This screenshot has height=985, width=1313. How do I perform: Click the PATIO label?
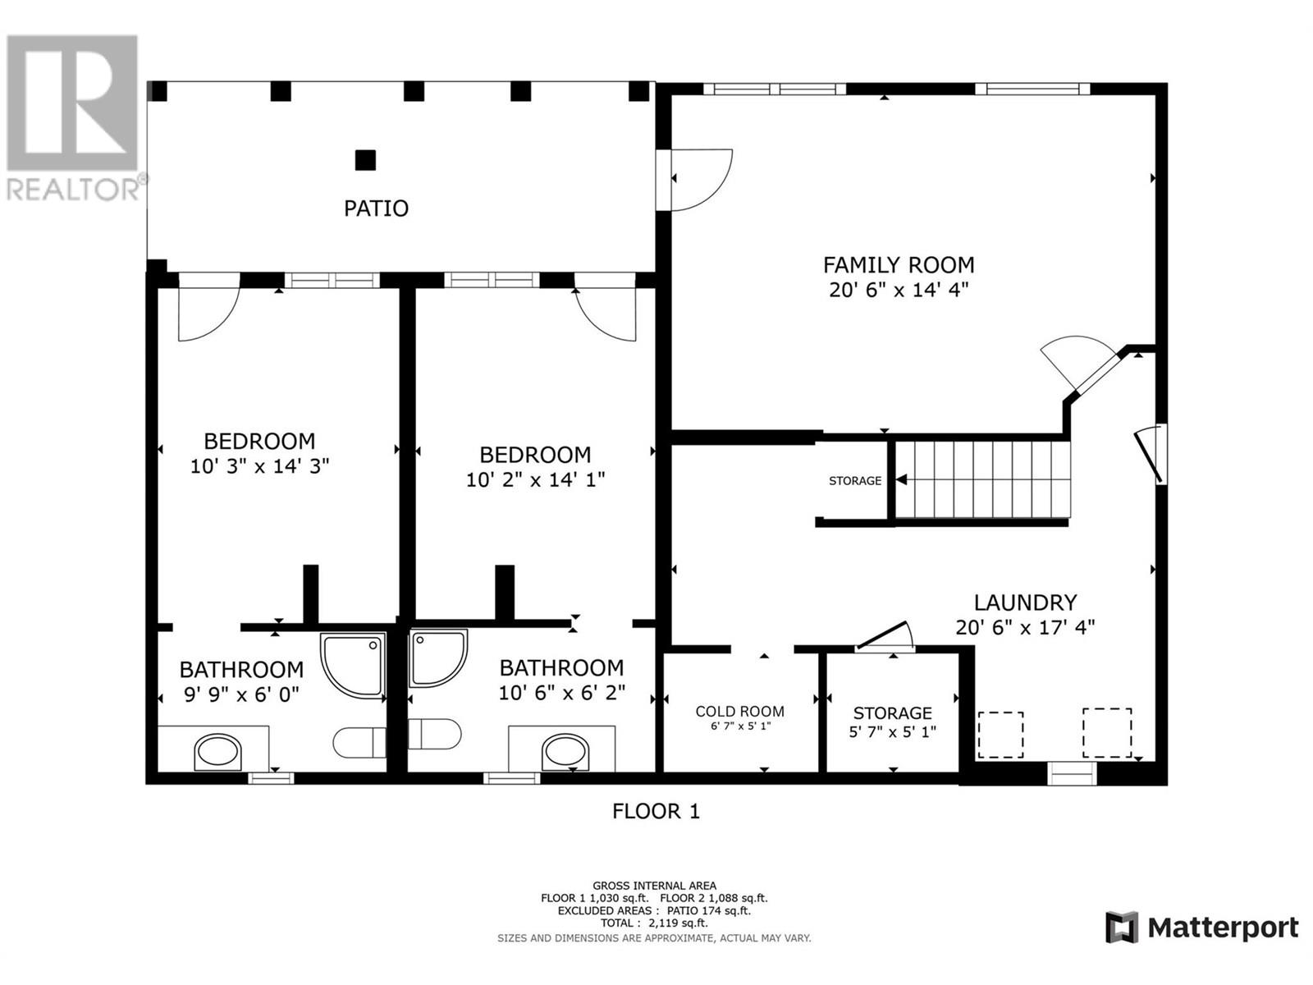(376, 208)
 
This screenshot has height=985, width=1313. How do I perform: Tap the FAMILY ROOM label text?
(899, 265)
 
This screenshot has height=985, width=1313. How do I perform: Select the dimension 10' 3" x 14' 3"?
(259, 466)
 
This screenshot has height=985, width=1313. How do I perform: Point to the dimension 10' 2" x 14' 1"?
(535, 479)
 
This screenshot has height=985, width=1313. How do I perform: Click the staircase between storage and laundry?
(981, 479)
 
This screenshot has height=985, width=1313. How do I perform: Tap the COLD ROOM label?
(739, 712)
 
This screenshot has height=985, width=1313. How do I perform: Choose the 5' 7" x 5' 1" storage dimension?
(892, 731)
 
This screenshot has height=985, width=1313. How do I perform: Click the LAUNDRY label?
(1025, 602)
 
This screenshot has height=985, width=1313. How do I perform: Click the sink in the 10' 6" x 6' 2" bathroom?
(566, 752)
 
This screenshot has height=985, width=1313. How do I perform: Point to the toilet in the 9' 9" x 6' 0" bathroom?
(359, 742)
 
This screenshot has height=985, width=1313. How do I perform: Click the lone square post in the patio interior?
(365, 159)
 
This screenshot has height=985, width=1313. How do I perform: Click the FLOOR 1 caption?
(656, 812)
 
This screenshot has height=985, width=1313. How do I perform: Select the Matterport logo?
(1201, 928)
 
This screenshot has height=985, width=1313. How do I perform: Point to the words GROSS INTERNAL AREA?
(654, 886)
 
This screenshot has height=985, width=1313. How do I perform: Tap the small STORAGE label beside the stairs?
(854, 481)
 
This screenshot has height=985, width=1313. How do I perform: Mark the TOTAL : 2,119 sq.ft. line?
(654, 923)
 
